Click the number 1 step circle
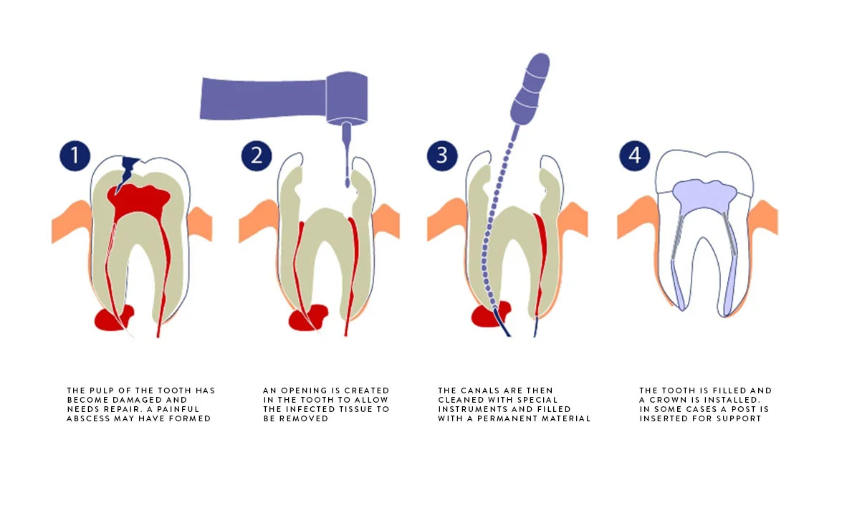coord(75,156)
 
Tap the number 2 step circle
coord(256,156)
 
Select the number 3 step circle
coord(442,156)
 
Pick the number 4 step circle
coord(633,156)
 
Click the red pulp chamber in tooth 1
coord(140,200)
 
